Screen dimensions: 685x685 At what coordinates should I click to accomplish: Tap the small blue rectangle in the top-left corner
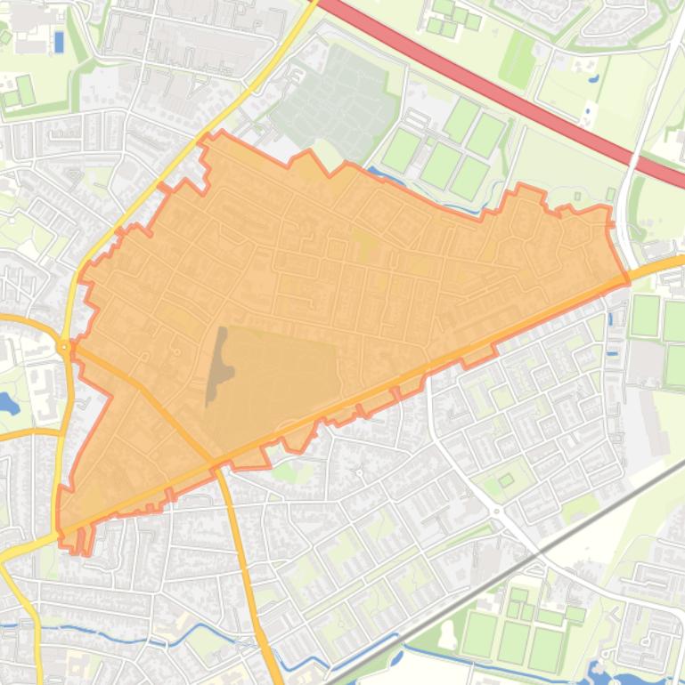(59, 41)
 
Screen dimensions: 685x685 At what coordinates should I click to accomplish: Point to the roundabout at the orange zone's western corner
(64, 346)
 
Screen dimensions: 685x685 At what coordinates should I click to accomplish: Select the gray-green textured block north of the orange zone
(334, 102)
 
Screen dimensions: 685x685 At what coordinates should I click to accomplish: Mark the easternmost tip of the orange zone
(627, 280)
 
